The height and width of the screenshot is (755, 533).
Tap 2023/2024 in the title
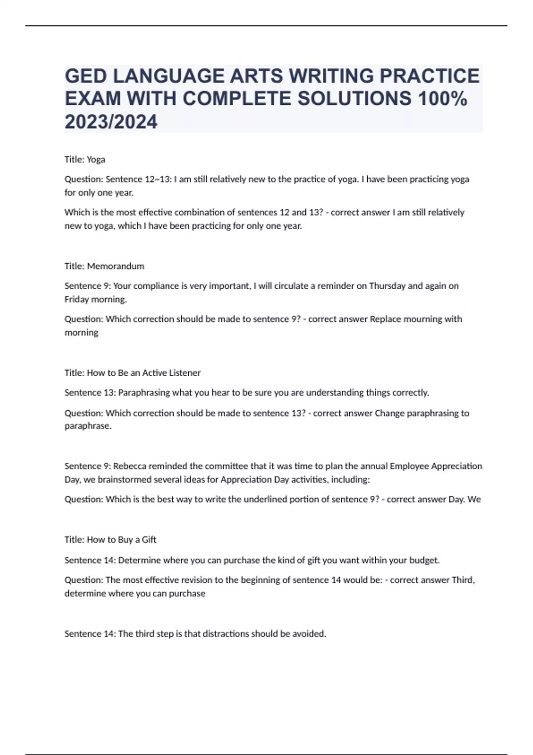coord(111,122)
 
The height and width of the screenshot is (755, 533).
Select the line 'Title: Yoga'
coord(85,159)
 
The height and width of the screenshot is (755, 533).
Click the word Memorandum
coord(115,266)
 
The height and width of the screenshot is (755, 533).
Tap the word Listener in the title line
coord(183,373)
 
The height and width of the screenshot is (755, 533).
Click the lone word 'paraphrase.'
coord(88,426)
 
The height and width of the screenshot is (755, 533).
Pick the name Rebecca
coord(129,466)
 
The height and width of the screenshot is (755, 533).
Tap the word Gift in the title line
coord(149,540)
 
